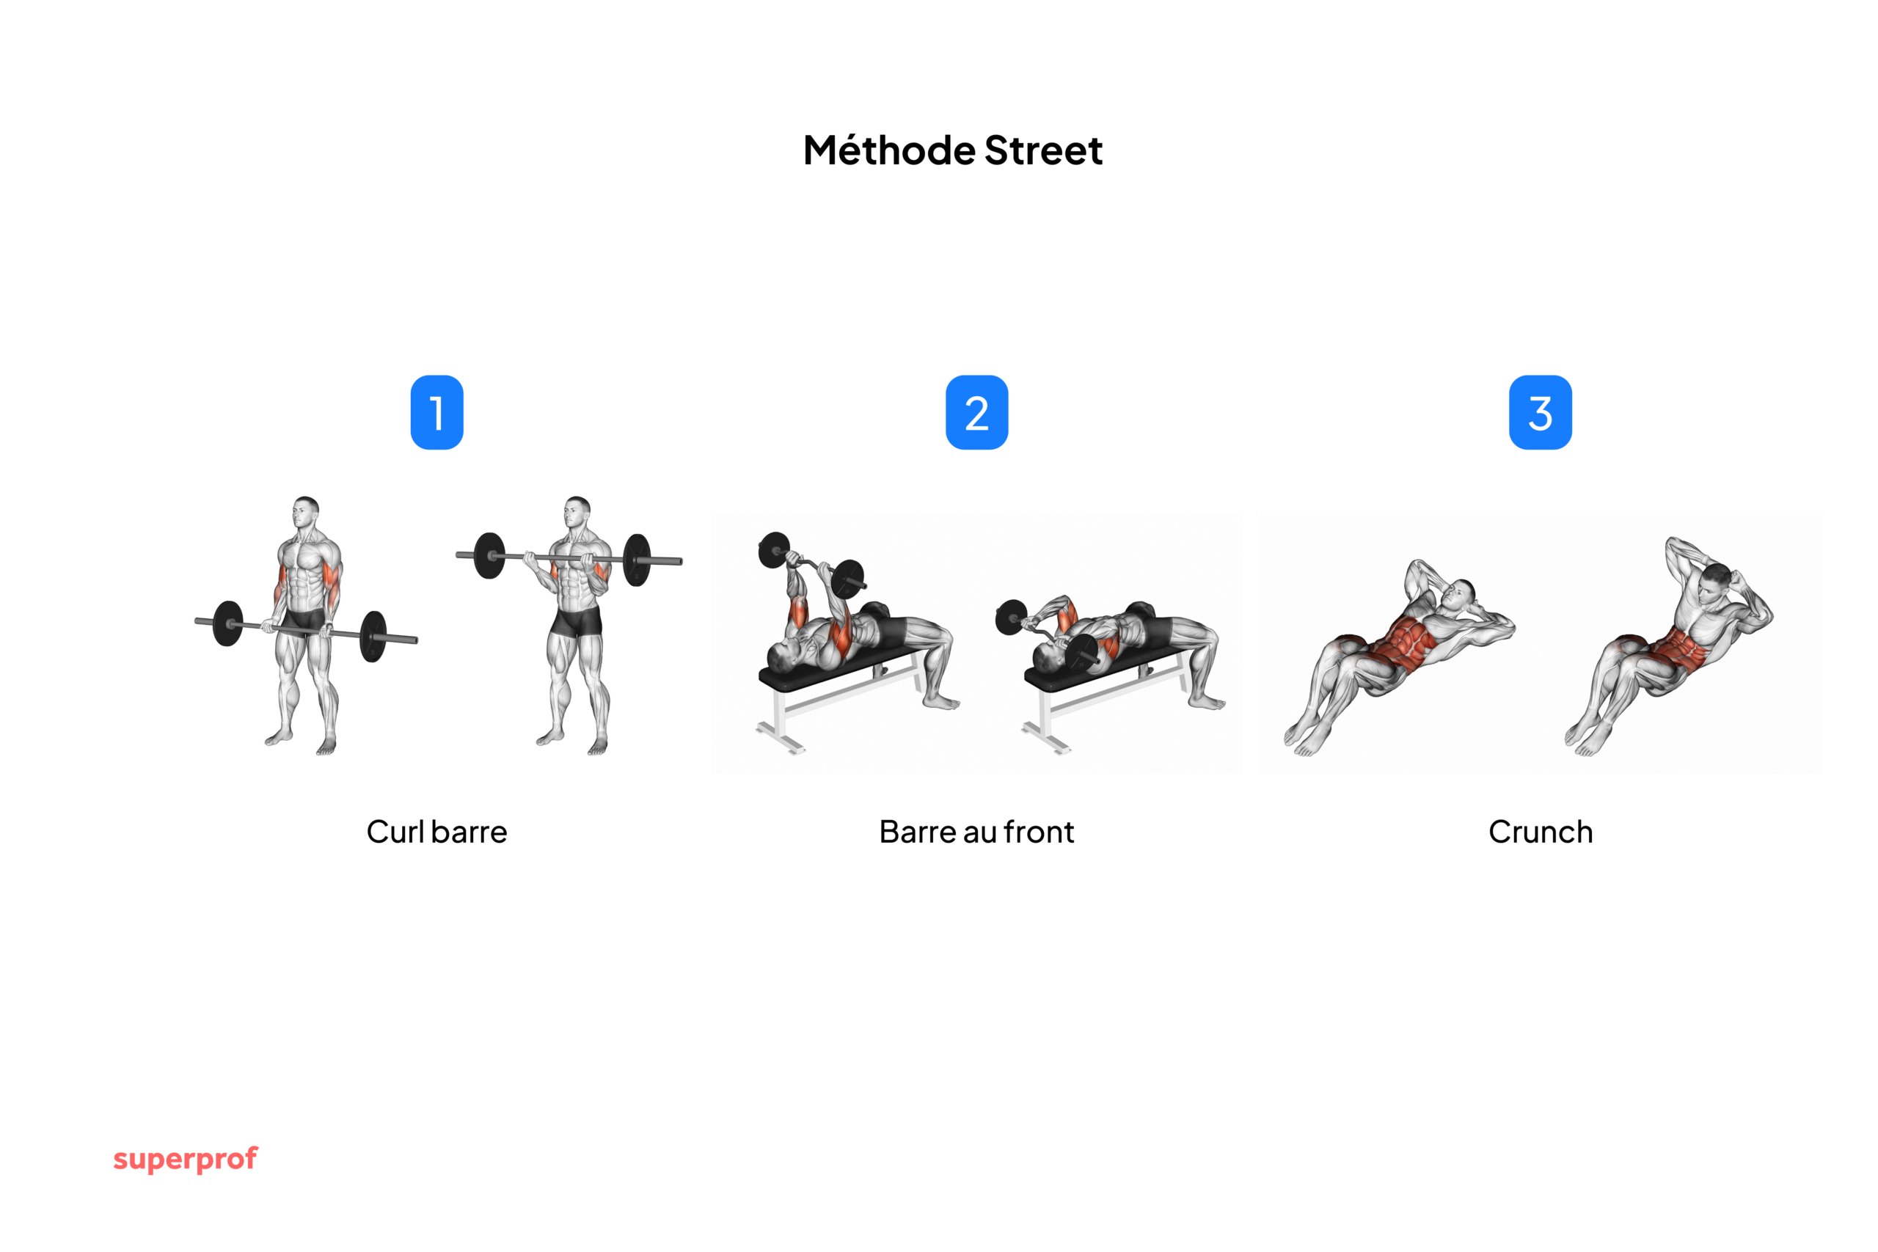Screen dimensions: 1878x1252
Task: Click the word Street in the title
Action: coord(1044,151)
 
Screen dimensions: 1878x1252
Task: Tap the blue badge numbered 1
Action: coord(436,412)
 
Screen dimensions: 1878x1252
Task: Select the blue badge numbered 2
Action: coord(976,412)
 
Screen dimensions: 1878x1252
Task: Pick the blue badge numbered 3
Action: coord(1541,412)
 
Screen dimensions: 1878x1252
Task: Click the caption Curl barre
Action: coord(436,832)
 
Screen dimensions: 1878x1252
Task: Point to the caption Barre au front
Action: coord(976,832)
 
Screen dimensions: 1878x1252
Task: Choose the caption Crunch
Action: coord(1541,832)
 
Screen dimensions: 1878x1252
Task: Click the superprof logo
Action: coord(186,1160)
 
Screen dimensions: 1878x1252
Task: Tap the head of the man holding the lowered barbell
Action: coord(305,512)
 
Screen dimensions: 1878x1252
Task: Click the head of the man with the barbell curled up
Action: coord(577,512)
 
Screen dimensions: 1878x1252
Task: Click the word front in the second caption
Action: coord(1039,832)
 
